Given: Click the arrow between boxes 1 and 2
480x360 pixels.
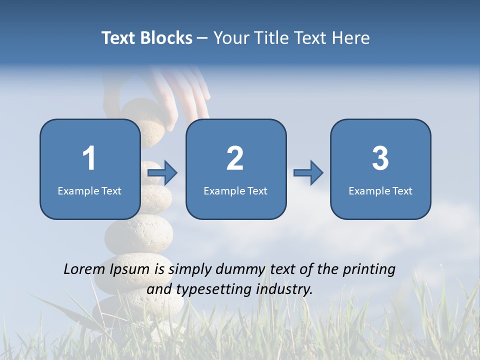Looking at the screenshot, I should click(163, 173).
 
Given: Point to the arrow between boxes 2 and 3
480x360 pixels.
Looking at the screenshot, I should click(308, 173).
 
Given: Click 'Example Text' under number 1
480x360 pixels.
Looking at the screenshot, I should click(89, 190).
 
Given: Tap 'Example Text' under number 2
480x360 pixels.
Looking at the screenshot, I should click(235, 190).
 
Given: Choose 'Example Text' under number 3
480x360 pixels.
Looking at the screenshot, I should click(380, 190).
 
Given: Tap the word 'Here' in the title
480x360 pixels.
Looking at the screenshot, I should click(350, 38).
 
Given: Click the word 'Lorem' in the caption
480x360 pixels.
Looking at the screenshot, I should click(84, 269).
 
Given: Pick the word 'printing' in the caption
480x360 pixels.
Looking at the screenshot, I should click(368, 269).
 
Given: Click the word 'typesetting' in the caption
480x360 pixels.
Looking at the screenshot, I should click(210, 289).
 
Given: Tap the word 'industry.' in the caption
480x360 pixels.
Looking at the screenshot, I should click(284, 289).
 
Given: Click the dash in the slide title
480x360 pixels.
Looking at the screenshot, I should click(202, 38).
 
